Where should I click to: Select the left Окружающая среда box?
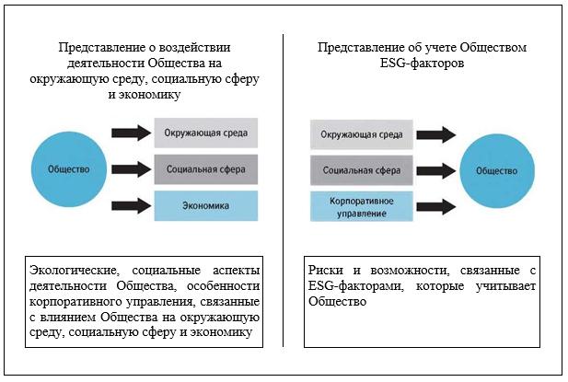click(206, 134)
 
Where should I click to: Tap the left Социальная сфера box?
click(206, 169)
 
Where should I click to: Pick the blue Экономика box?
click(206, 205)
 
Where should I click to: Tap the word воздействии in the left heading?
click(198, 50)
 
